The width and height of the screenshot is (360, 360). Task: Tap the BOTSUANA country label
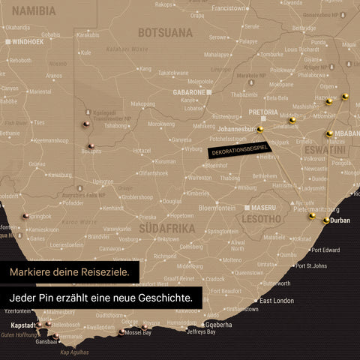166,33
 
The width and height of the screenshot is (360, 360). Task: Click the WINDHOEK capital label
28,42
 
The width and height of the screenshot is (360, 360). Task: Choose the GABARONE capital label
189,91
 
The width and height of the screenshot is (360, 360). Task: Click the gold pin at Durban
325,220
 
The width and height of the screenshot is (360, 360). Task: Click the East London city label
277,301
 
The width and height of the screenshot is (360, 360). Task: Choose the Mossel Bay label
137,331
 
